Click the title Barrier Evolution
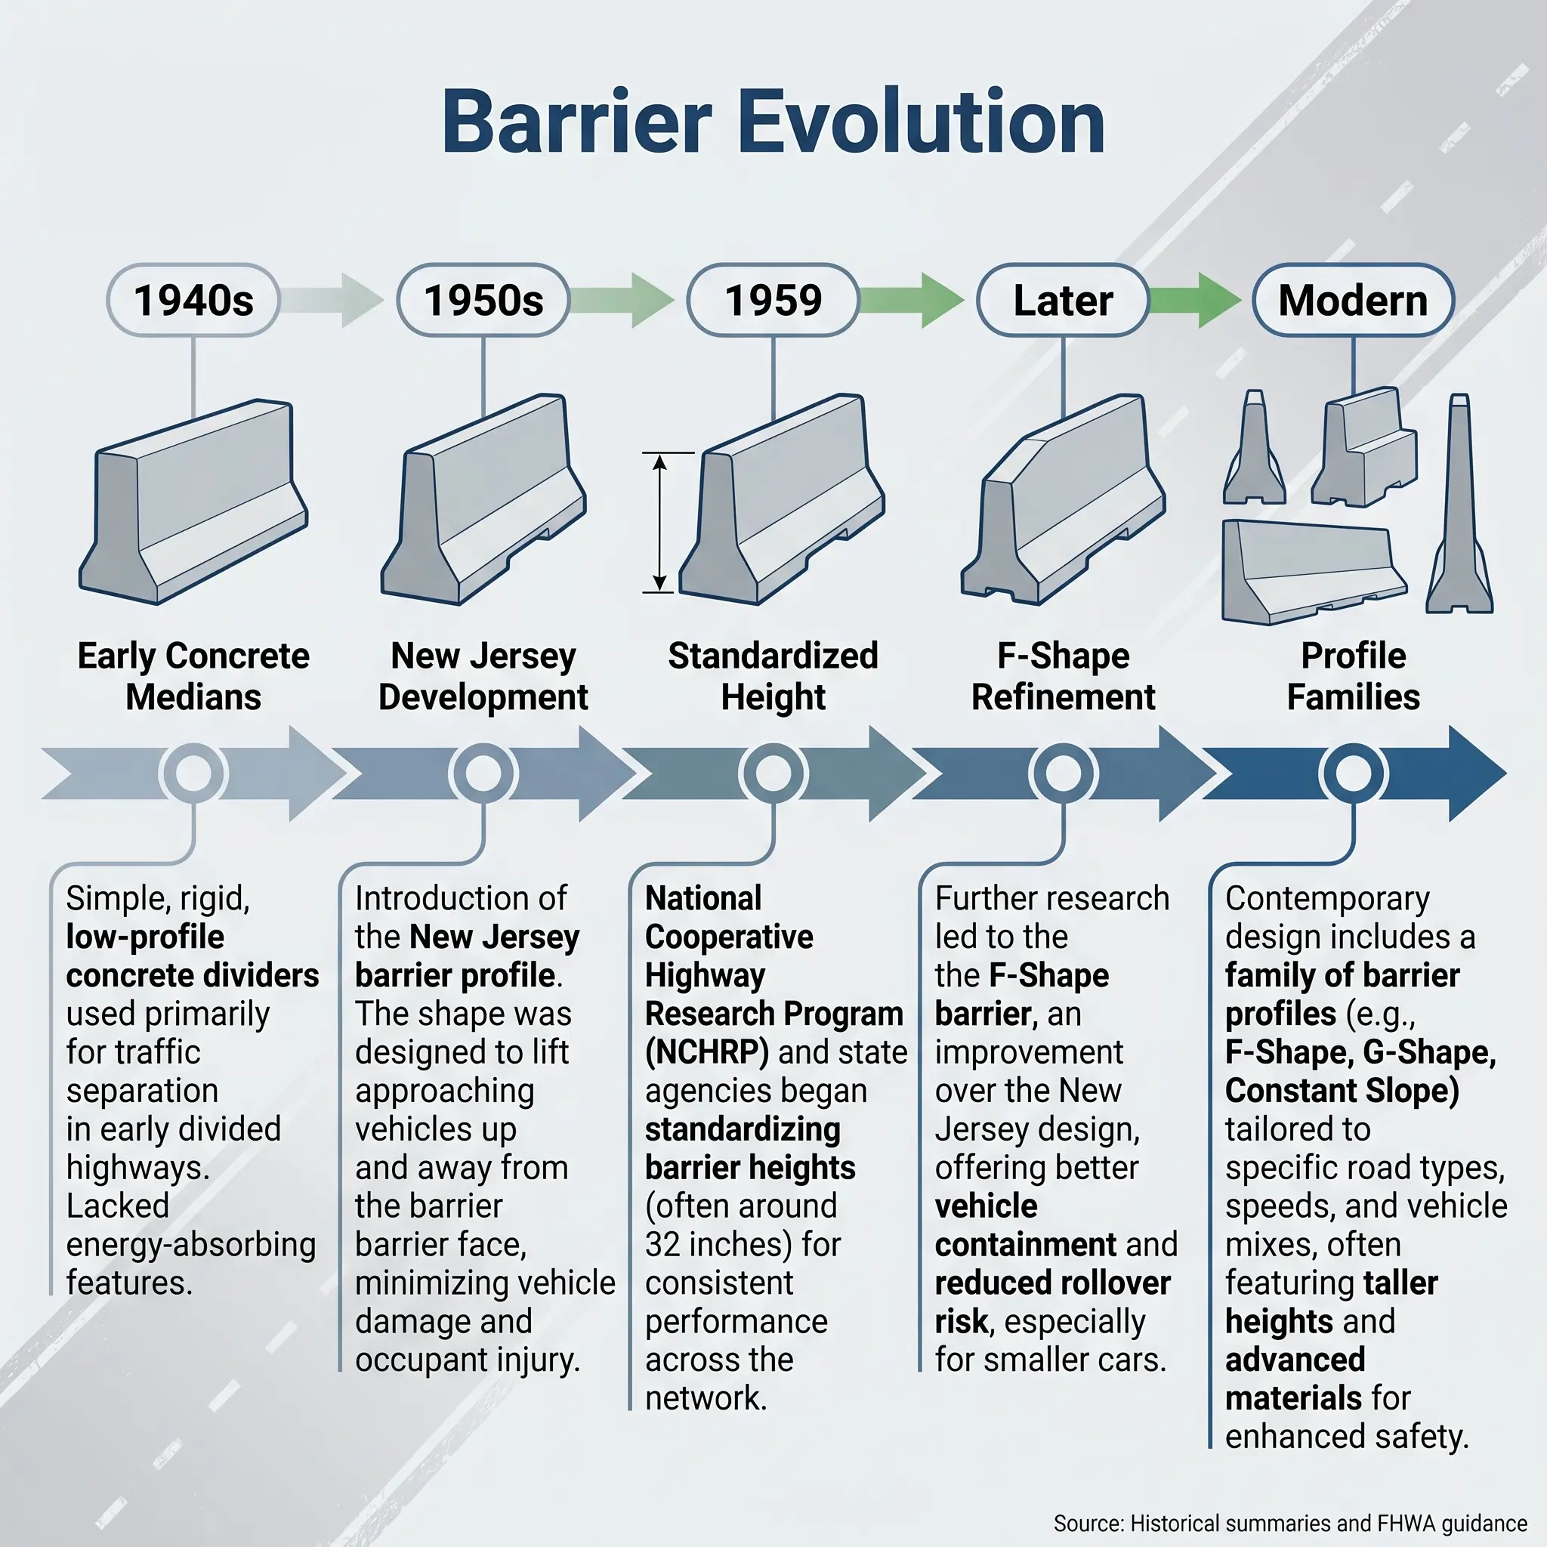click(x=773, y=122)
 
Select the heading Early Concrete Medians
click(x=193, y=676)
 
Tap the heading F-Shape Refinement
click(x=1064, y=676)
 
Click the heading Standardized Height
click(x=773, y=676)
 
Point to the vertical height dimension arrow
click(x=659, y=522)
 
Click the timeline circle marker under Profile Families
click(x=1353, y=773)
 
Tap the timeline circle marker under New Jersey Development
click(x=483, y=773)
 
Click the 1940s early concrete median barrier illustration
click(x=193, y=502)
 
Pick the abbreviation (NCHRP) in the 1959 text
click(x=707, y=1052)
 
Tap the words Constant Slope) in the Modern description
click(x=1342, y=1091)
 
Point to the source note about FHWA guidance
click(x=1290, y=1523)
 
